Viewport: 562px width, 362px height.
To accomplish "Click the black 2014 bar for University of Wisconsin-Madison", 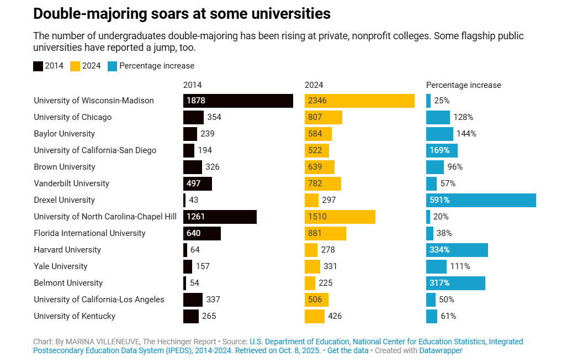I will pos(238,101).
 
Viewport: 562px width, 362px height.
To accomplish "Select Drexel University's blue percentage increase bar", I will pos(481,200).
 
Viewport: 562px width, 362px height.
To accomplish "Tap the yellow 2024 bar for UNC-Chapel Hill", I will pos(340,217).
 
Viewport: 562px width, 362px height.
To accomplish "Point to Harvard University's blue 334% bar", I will pos(457,250).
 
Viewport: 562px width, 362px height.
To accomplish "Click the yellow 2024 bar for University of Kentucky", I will pos(315,316).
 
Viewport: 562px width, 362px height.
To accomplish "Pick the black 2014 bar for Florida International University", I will pos(202,233).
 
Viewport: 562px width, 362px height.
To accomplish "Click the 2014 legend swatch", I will pos(38,66).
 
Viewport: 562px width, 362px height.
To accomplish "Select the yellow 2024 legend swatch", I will pos(75,66).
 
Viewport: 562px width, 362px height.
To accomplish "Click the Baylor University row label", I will pos(64,134).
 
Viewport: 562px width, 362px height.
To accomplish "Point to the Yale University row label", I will pos(60,266).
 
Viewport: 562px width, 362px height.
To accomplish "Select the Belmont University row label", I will pos(68,283).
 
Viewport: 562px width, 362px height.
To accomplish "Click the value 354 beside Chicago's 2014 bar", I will pos(214,117).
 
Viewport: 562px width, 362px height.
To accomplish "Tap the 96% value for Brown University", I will pos(454,167).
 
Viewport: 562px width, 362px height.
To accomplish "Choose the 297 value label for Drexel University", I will pos(328,200).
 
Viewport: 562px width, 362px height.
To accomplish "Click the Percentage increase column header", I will pos(463,85).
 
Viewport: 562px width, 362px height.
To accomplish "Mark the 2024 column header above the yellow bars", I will pos(314,85).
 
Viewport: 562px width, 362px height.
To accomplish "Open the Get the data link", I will pos(347,350).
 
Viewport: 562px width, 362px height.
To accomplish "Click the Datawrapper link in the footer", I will pos(441,350).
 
